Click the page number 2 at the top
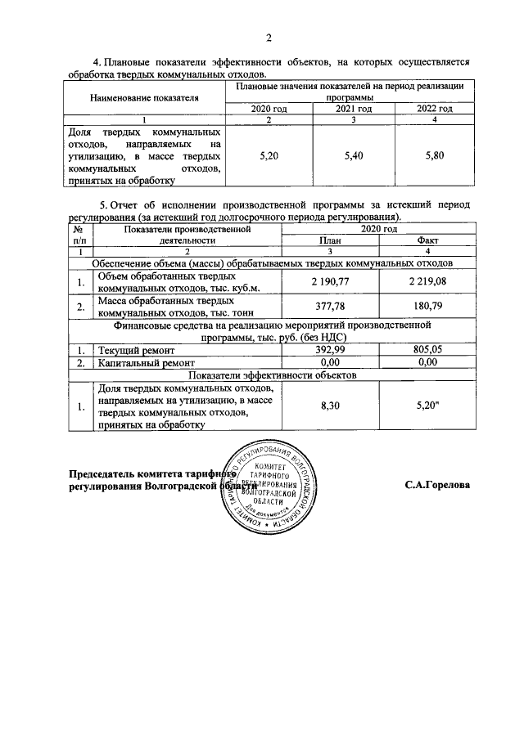(x=267, y=37)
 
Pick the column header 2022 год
(x=434, y=108)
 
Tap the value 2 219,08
(x=427, y=282)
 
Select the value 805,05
(x=427, y=349)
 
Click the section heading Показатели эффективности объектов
(x=271, y=374)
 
